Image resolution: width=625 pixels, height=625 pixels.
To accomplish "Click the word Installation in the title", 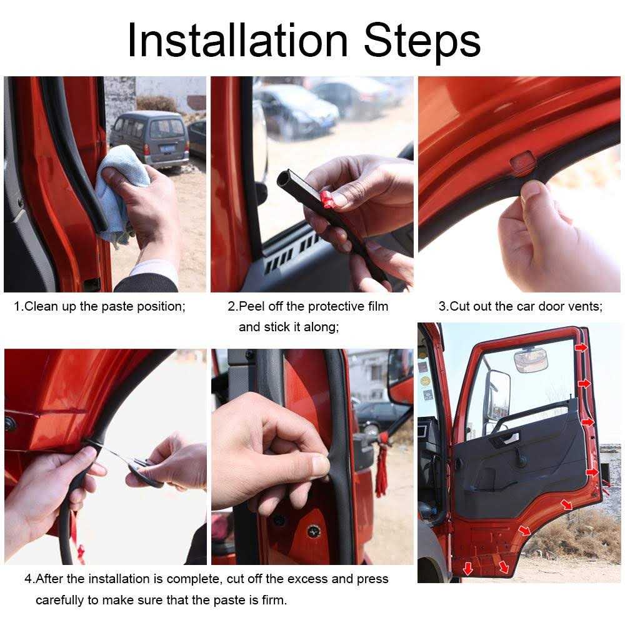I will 238,41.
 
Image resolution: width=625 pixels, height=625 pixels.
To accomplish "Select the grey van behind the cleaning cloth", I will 150,139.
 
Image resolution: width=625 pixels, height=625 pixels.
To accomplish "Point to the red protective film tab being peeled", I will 326,200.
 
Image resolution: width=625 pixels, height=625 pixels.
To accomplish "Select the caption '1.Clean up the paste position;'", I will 100,307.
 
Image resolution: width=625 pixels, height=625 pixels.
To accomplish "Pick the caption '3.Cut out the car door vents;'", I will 520,307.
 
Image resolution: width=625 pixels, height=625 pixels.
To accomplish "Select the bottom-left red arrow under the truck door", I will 467,568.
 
